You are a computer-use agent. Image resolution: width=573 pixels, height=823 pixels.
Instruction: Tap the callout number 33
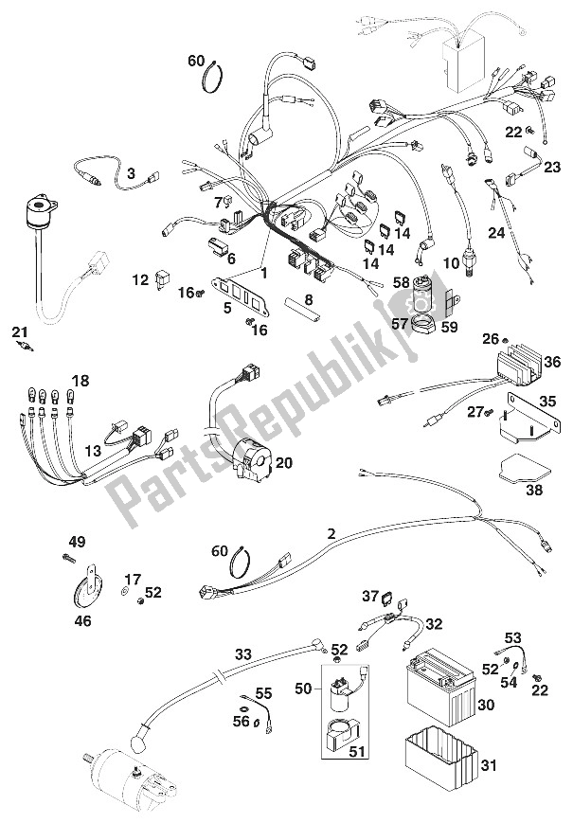click(243, 654)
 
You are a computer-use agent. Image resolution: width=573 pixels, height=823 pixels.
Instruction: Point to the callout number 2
click(331, 534)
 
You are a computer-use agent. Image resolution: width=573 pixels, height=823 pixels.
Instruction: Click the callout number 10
click(451, 263)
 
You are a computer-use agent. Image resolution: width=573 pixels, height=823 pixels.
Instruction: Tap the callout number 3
click(132, 172)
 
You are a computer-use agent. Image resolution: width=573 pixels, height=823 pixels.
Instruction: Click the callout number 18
click(81, 381)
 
